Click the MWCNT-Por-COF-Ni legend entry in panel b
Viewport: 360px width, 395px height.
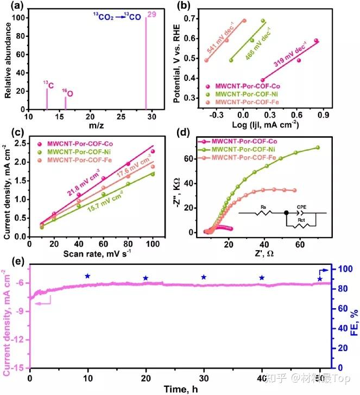[x=250, y=94]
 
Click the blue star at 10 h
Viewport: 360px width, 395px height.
[x=87, y=276]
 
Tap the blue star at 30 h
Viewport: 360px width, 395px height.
[x=204, y=277]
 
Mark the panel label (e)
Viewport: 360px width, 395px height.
[x=12, y=259]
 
